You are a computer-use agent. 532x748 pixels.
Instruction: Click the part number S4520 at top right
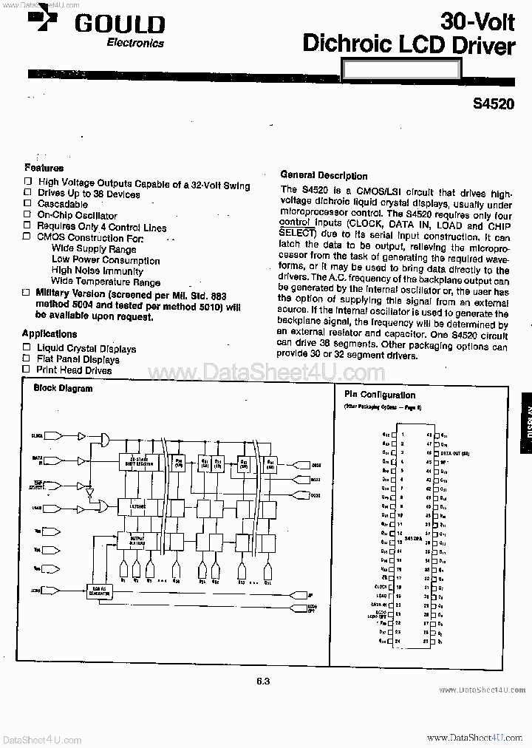[x=494, y=104]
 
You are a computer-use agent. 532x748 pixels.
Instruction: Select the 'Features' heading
[x=44, y=168]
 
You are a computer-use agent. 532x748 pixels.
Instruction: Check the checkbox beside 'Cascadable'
[x=27, y=204]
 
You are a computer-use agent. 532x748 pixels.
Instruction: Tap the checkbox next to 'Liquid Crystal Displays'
[x=27, y=348]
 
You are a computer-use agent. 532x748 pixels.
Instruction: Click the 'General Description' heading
[x=324, y=176]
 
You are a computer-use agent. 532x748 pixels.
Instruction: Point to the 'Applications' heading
[x=50, y=333]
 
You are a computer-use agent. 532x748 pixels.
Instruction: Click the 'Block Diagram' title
[x=64, y=388]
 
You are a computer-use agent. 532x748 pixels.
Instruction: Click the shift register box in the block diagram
[x=140, y=461]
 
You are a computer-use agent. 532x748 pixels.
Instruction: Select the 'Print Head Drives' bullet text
[x=74, y=370]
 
